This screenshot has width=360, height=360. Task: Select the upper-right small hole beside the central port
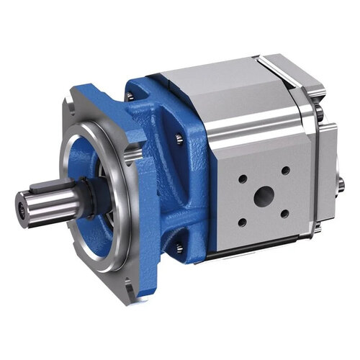(286, 171)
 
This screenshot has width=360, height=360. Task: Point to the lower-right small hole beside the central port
(285, 214)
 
